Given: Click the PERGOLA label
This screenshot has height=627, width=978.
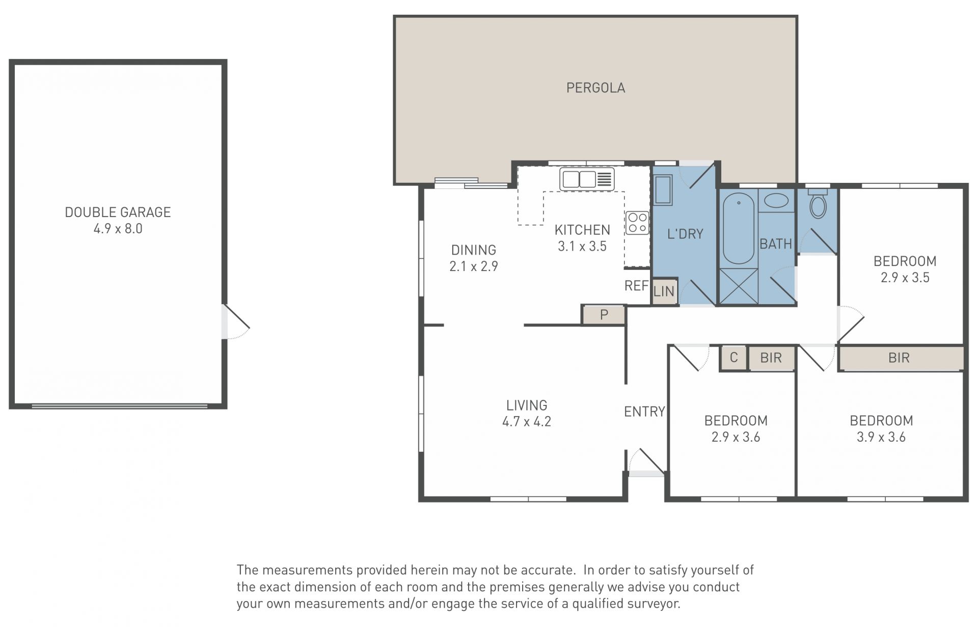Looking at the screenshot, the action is tap(595, 88).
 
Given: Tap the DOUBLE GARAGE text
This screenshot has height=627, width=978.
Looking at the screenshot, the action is tap(118, 212).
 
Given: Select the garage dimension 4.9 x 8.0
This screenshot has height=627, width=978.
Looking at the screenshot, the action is tap(118, 229).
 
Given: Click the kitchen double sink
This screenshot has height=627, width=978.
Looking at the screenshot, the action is tap(587, 179).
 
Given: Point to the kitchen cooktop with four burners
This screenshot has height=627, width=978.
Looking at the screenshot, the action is tap(637, 223).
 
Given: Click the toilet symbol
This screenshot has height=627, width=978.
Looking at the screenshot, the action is tap(818, 204).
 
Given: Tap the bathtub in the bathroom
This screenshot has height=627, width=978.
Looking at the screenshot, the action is tap(738, 228).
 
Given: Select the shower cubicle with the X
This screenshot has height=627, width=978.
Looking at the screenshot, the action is tap(738, 286).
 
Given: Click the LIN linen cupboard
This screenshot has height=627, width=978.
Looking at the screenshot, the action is tap(664, 291).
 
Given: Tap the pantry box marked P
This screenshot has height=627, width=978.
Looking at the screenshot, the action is tap(604, 315).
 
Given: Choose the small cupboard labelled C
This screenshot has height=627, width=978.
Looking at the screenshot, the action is tap(733, 358).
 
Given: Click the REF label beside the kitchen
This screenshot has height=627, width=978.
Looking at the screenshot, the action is tap(636, 286).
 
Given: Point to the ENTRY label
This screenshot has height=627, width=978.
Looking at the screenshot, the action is tap(644, 412).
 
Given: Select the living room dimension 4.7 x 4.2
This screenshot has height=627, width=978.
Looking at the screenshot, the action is tap(527, 422).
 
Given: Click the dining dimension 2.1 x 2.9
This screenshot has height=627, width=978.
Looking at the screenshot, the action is tap(474, 266).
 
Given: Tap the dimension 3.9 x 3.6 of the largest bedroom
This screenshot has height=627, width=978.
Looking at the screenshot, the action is tap(881, 437).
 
